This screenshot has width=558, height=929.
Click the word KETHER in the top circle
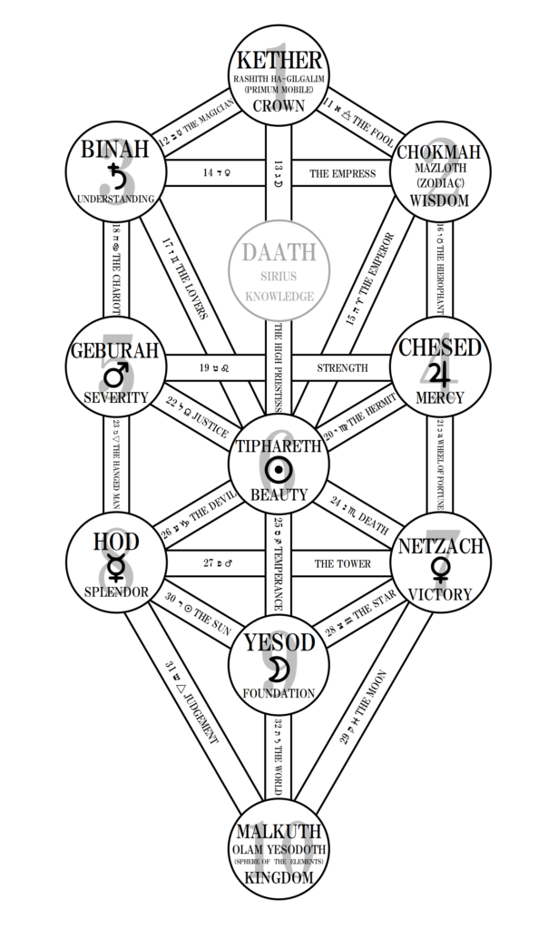coord(279,61)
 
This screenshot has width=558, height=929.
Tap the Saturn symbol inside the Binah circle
coord(115,172)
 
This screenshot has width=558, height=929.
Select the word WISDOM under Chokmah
coord(440,200)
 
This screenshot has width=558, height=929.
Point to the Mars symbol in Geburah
coord(116,375)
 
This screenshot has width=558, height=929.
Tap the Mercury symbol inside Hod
coord(116,569)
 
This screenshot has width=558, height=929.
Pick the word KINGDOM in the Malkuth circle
coord(279,877)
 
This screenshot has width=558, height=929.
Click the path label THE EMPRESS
coord(342,173)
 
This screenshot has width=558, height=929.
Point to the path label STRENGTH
coord(342,367)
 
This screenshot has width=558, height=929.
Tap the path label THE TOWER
coord(342,563)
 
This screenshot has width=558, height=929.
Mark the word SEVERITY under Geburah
coord(116,397)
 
